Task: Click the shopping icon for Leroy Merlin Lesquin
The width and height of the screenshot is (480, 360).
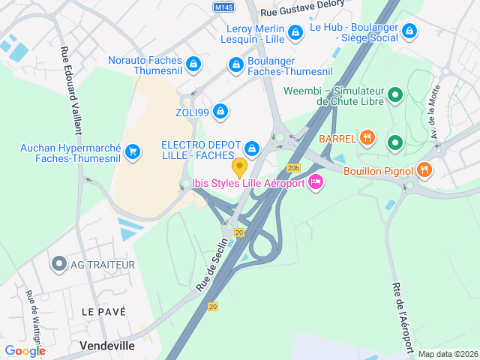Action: click(295, 32)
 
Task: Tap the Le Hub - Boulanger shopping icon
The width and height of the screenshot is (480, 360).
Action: click(409, 31)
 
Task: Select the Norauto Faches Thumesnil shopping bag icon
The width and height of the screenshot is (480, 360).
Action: click(194, 64)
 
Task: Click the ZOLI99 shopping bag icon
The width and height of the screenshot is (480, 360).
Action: click(220, 112)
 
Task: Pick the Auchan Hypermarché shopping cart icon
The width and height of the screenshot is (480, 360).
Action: click(133, 152)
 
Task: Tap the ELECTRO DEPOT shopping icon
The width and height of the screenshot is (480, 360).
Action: click(252, 148)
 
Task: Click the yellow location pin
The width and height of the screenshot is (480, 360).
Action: click(239, 166)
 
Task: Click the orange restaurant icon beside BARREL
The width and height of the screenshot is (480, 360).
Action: click(367, 138)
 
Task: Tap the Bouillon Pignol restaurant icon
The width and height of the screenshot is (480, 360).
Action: click(424, 170)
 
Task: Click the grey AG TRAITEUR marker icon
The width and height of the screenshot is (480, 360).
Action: click(58, 264)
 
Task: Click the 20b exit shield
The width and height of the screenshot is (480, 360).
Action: click(293, 168)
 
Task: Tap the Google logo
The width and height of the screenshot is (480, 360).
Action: click(25, 350)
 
